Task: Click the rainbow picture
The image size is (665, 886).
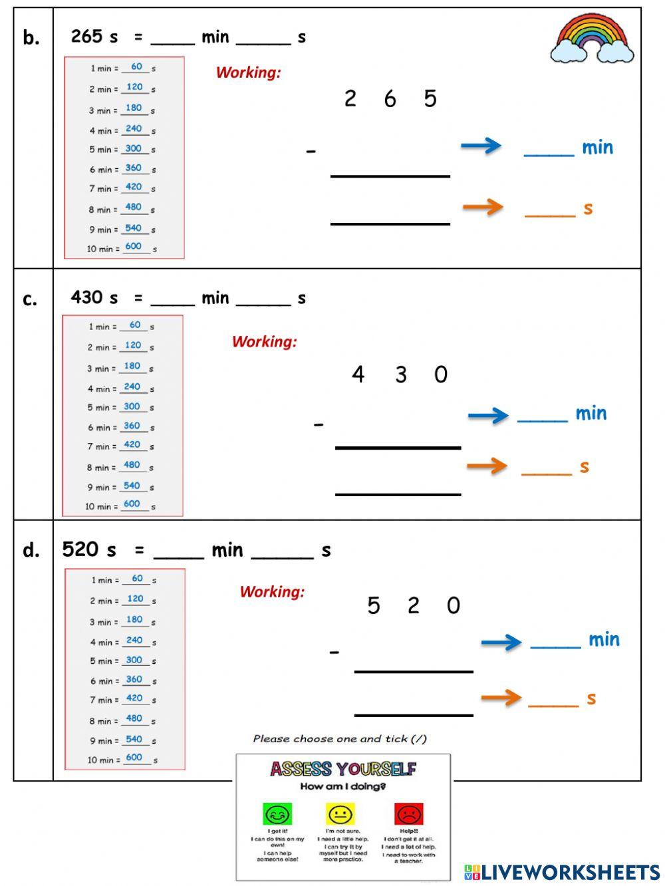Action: (592, 39)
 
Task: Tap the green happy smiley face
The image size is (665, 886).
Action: (277, 814)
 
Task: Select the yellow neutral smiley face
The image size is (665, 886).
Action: (340, 814)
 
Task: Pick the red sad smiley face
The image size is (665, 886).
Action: (409, 814)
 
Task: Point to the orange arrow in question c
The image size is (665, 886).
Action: (487, 466)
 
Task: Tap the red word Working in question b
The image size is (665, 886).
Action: (248, 73)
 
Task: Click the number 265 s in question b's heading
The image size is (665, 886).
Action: (94, 37)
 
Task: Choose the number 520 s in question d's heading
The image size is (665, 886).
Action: (88, 549)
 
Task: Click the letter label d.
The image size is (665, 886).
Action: (31, 550)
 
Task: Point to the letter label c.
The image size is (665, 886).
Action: (30, 299)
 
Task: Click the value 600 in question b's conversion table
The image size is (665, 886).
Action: (134, 246)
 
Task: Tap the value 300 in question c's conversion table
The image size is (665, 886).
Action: (132, 406)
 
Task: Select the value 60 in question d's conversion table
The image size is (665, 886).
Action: (137, 579)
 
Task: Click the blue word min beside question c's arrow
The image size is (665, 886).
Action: (591, 414)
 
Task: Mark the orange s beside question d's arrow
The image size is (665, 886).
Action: (591, 698)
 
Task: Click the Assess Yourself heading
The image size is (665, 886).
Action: (342, 770)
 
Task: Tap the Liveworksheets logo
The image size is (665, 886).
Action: (561, 872)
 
